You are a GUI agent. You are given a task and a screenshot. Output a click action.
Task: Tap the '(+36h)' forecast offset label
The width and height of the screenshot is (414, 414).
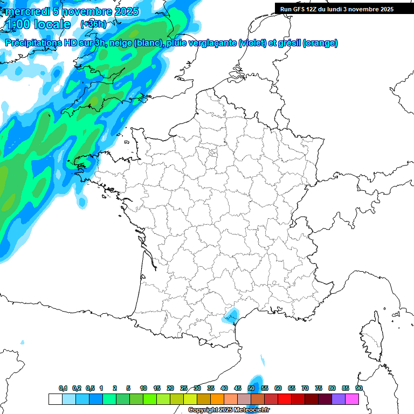(93, 24)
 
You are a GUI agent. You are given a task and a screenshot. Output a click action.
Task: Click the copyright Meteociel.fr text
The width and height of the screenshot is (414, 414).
(228, 410)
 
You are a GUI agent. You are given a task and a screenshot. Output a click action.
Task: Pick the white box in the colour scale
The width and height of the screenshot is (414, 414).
(55, 399)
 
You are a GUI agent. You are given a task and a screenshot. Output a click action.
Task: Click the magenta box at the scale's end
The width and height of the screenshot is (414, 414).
(352, 399)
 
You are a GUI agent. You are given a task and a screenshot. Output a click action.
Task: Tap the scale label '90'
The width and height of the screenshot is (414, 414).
(359, 388)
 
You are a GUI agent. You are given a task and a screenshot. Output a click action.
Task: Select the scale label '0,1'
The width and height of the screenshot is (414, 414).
(63, 388)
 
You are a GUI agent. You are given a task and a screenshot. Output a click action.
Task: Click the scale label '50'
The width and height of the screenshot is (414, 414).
(251, 388)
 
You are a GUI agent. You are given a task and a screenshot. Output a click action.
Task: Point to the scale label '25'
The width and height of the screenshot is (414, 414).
(184, 388)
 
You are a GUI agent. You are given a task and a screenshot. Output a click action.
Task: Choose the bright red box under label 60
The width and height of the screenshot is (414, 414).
(285, 399)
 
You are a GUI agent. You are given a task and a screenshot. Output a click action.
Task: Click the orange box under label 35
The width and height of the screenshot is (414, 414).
(217, 399)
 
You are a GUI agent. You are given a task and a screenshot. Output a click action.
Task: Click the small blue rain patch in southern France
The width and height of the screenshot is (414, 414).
(231, 314)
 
